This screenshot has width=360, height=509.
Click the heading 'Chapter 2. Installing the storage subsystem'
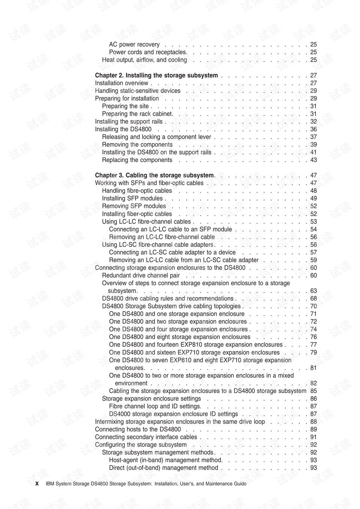156,75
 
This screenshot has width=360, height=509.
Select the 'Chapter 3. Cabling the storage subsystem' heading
154,175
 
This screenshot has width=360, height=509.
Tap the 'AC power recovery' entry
134,45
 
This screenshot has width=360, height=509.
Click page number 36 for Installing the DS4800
313,129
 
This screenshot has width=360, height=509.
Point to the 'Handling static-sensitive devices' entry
138,91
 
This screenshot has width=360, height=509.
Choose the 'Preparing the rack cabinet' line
137,114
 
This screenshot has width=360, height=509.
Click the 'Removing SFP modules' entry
134,206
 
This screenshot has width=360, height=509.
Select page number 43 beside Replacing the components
313,160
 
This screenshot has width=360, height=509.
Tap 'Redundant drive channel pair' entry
141,275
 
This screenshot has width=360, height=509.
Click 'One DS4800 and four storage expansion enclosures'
178,329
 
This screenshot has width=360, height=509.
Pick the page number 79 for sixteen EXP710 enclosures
313,353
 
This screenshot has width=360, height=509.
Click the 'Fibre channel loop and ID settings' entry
155,406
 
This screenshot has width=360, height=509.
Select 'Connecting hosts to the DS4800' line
138,429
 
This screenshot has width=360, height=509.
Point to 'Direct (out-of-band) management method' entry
163,468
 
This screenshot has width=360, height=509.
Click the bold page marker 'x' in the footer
37,483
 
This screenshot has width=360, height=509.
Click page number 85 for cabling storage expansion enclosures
313,391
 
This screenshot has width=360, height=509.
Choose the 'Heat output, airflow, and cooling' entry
144,60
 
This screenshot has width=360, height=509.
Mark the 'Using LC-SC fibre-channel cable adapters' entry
157,245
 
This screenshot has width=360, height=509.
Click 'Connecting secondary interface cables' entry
146,437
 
